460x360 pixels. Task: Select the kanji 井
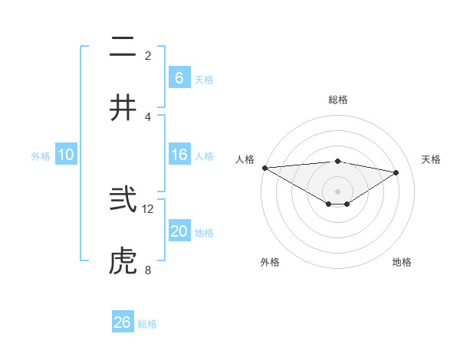coord(122,108)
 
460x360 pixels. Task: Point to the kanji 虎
coord(122,261)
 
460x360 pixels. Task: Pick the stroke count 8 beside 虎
coord(148,270)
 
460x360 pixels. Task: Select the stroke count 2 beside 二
coord(148,56)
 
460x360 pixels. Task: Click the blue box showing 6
coord(179,77)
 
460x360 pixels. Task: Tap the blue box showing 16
coord(179,155)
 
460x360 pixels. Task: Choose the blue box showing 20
coord(179,231)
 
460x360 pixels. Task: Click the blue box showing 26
coord(122,322)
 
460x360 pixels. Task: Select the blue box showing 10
coord(66,155)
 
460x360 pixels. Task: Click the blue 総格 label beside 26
coord(147,324)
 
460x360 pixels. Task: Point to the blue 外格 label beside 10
coord(41,155)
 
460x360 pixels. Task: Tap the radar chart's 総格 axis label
coord(338,100)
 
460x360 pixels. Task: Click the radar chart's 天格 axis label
coord(432,159)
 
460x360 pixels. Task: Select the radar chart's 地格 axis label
coord(402,262)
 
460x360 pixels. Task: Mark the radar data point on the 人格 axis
coord(264,168)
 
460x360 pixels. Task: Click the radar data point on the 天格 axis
coord(396,172)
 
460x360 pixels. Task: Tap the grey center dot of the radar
coord(338,191)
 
